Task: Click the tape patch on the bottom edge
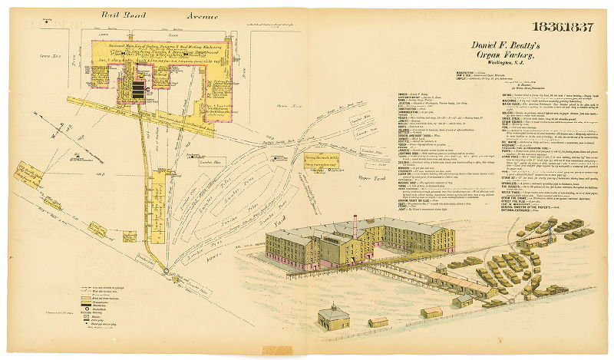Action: click(277, 352)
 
